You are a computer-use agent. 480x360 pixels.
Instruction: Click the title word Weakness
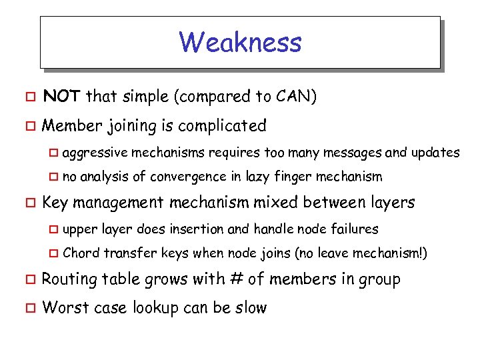pos(240,43)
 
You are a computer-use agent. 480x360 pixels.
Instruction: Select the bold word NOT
pos(62,97)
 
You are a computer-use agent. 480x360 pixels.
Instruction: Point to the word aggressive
pos(94,153)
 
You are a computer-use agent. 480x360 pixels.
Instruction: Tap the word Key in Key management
pos(55,203)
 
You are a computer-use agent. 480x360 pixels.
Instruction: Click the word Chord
pos(81,253)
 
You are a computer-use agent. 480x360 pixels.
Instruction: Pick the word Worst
pos(62,308)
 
